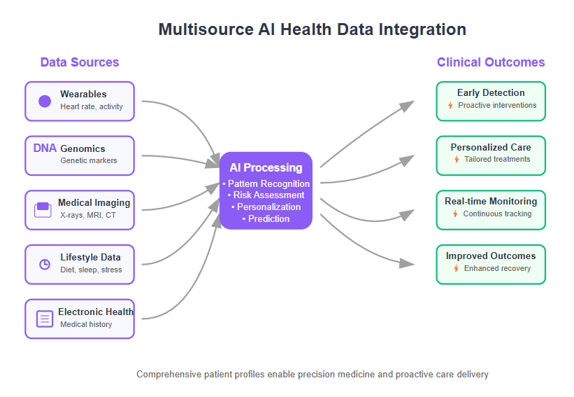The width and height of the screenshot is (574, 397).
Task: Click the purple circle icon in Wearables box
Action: tap(45, 101)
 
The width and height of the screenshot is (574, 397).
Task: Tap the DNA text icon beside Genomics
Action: tap(45, 148)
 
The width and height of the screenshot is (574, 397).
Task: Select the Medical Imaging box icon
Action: tap(43, 210)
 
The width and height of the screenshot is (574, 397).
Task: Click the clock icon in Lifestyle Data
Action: tap(45, 264)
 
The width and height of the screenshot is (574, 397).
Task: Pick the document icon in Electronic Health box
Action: tap(45, 319)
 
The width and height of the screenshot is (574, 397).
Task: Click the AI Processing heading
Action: tap(266, 167)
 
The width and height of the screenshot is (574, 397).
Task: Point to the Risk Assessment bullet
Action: tap(266, 195)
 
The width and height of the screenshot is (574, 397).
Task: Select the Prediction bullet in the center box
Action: tap(266, 219)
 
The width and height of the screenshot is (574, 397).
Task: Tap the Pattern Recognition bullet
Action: tap(266, 183)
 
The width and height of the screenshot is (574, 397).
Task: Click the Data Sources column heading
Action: tap(80, 62)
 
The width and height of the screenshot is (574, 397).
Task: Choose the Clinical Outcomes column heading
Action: tap(491, 62)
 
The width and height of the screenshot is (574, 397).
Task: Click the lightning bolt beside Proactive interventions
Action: tap(450, 106)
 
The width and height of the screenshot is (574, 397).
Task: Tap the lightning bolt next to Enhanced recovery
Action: tap(456, 269)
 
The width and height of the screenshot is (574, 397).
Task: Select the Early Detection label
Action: tap(491, 92)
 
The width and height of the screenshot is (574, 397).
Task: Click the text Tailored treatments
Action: tap(497, 159)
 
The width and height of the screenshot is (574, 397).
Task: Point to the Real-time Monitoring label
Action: tap(491, 201)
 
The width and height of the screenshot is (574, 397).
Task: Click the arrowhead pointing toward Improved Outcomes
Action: tap(407, 263)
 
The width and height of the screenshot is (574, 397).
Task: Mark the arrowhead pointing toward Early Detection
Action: tap(407, 106)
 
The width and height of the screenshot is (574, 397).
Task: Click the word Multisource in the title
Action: tap(206, 29)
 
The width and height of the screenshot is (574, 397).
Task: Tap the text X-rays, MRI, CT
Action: tap(88, 215)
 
